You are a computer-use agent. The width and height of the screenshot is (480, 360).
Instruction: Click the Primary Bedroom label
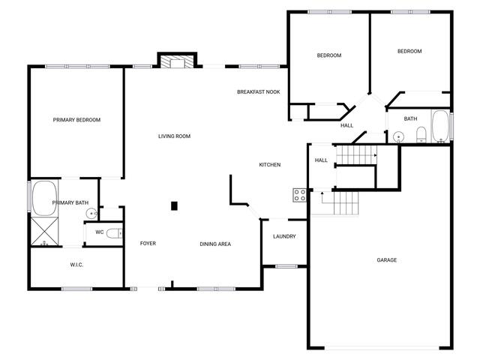tap(76, 120)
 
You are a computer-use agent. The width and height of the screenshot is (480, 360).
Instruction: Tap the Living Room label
tap(174, 136)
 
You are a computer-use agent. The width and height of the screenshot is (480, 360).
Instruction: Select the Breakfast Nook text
tap(258, 91)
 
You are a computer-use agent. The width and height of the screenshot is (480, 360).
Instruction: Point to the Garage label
tap(387, 260)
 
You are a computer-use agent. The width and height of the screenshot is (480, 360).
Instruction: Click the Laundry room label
tap(284, 236)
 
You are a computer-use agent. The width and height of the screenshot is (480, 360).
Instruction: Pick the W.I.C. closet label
tap(76, 265)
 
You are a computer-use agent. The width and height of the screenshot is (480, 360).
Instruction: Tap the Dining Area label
tap(215, 244)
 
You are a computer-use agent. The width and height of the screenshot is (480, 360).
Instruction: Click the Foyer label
tap(148, 243)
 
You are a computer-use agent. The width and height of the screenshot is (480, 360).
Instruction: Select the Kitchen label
tap(270, 165)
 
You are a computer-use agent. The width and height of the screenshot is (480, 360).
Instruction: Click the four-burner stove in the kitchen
tap(300, 195)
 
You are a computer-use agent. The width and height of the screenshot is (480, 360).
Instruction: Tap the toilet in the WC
tap(115, 233)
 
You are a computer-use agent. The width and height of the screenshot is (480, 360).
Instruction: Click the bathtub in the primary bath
tap(44, 198)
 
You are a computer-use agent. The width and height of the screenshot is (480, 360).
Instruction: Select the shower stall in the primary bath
tap(44, 231)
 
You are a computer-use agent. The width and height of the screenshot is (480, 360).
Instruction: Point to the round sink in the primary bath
tap(91, 213)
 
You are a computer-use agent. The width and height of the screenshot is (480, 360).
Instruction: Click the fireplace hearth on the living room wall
tap(177, 61)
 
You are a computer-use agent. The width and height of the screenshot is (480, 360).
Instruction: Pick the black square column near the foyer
tap(174, 206)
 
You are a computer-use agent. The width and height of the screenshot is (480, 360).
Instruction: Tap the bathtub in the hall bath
tap(440, 127)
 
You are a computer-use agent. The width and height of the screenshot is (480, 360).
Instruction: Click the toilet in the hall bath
tap(421, 134)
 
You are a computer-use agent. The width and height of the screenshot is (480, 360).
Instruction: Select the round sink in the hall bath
tap(398, 136)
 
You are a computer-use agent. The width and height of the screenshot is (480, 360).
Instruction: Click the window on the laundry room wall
tap(286, 266)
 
